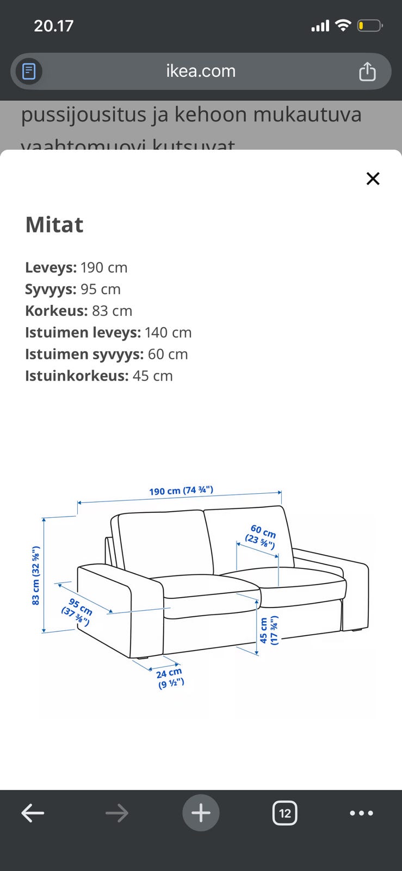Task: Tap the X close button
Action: [373, 179]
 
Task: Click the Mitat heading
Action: [54, 225]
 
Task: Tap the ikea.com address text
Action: [201, 71]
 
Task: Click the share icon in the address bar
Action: [367, 71]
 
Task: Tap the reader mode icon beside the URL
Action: [29, 71]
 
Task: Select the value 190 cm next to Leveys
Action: [104, 268]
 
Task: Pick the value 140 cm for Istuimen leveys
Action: [168, 333]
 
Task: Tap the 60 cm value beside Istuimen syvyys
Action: [168, 354]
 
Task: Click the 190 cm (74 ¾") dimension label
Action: [181, 490]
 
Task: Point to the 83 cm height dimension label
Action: [36, 575]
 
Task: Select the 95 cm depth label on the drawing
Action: [77, 612]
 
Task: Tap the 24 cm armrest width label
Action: [170, 678]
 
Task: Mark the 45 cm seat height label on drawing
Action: [268, 630]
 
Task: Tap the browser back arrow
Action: [33, 813]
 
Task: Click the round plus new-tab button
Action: [201, 813]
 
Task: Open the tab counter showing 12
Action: [285, 813]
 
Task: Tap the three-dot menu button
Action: [361, 813]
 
